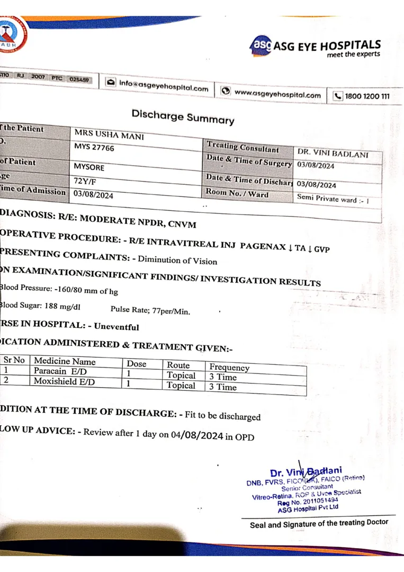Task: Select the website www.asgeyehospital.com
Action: [x=277, y=94]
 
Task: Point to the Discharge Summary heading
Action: [x=183, y=117]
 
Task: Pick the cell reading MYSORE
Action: [x=89, y=167]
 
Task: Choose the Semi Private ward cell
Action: [x=333, y=200]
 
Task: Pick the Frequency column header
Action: [x=229, y=367]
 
